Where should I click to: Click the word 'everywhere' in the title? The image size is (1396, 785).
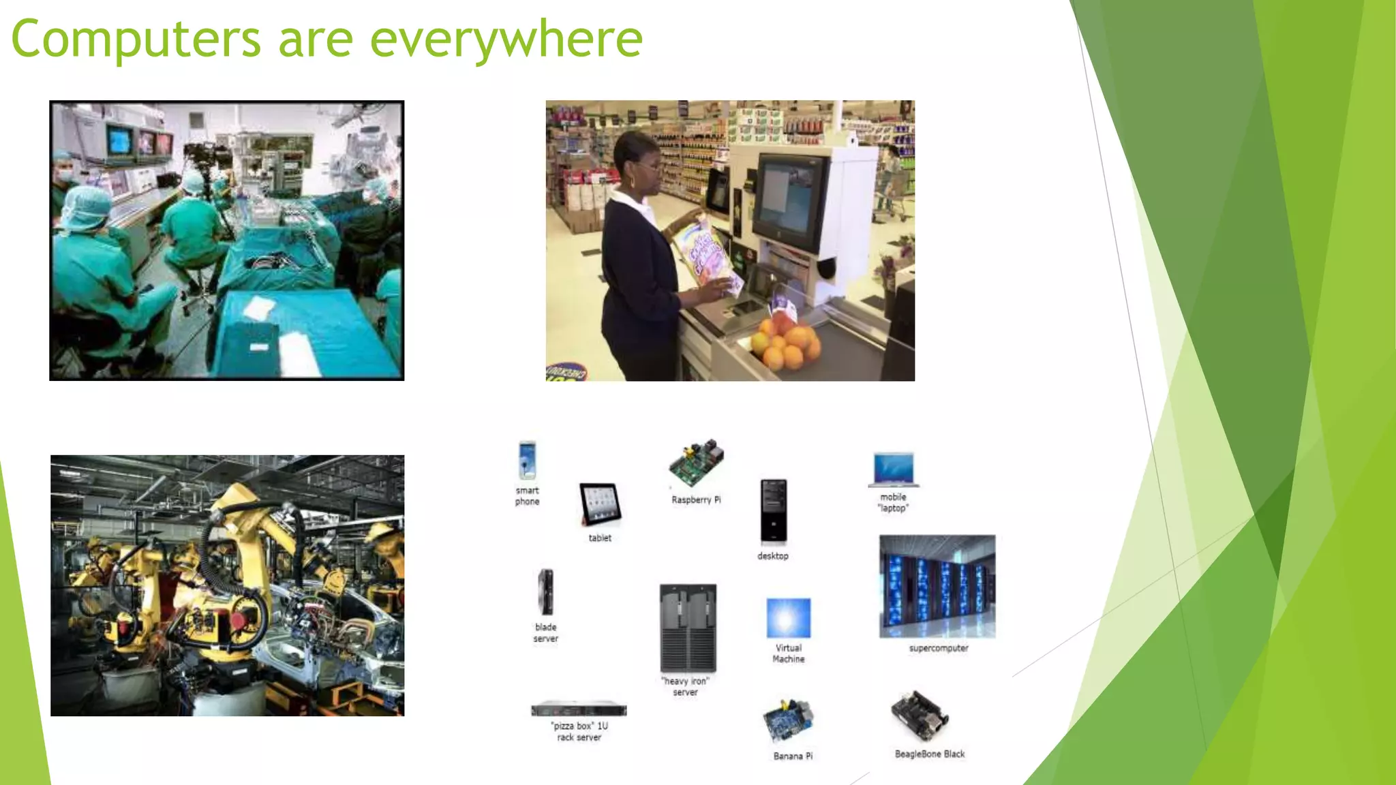(506, 40)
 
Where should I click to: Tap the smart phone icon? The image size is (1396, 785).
(527, 461)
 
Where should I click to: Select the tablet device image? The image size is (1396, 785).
(600, 504)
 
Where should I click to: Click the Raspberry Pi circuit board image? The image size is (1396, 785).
(696, 463)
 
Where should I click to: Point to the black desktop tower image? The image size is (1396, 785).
(773, 511)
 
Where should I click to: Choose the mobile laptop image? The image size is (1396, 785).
(894, 470)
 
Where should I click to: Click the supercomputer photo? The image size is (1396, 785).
(937, 586)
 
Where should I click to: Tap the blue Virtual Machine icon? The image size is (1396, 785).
(789, 618)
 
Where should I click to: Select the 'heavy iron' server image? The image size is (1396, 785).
(688, 628)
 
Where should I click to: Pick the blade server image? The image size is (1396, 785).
(545, 592)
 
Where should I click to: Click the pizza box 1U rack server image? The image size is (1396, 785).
(579, 709)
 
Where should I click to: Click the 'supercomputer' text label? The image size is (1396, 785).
(939, 648)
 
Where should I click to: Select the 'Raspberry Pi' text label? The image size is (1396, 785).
(696, 499)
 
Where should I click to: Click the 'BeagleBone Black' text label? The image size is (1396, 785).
(930, 754)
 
